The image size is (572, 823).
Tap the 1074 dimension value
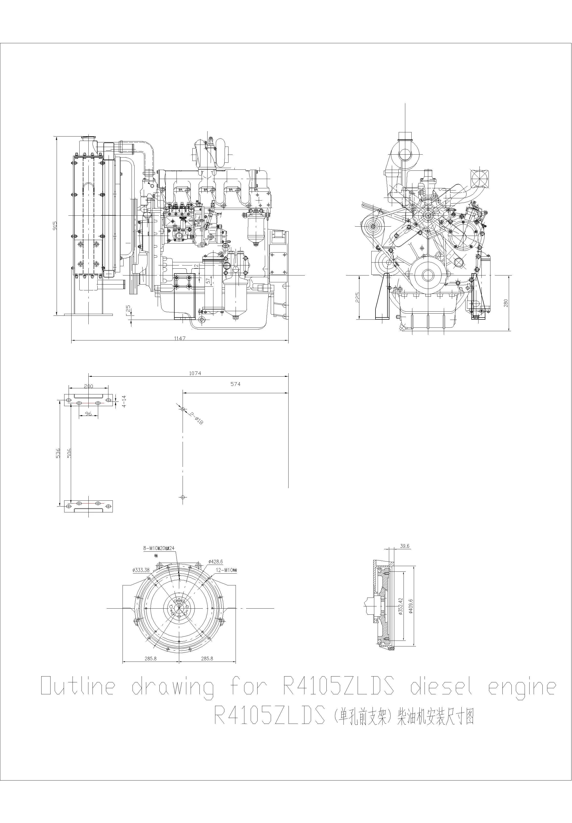(x=195, y=373)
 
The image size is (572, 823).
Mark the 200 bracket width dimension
(x=88, y=386)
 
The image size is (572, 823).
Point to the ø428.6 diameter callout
(x=215, y=562)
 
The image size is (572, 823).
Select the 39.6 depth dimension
(x=404, y=546)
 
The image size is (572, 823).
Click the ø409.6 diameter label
(x=411, y=606)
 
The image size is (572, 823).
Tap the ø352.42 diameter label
(x=401, y=606)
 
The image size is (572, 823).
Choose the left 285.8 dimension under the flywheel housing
(x=151, y=658)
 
